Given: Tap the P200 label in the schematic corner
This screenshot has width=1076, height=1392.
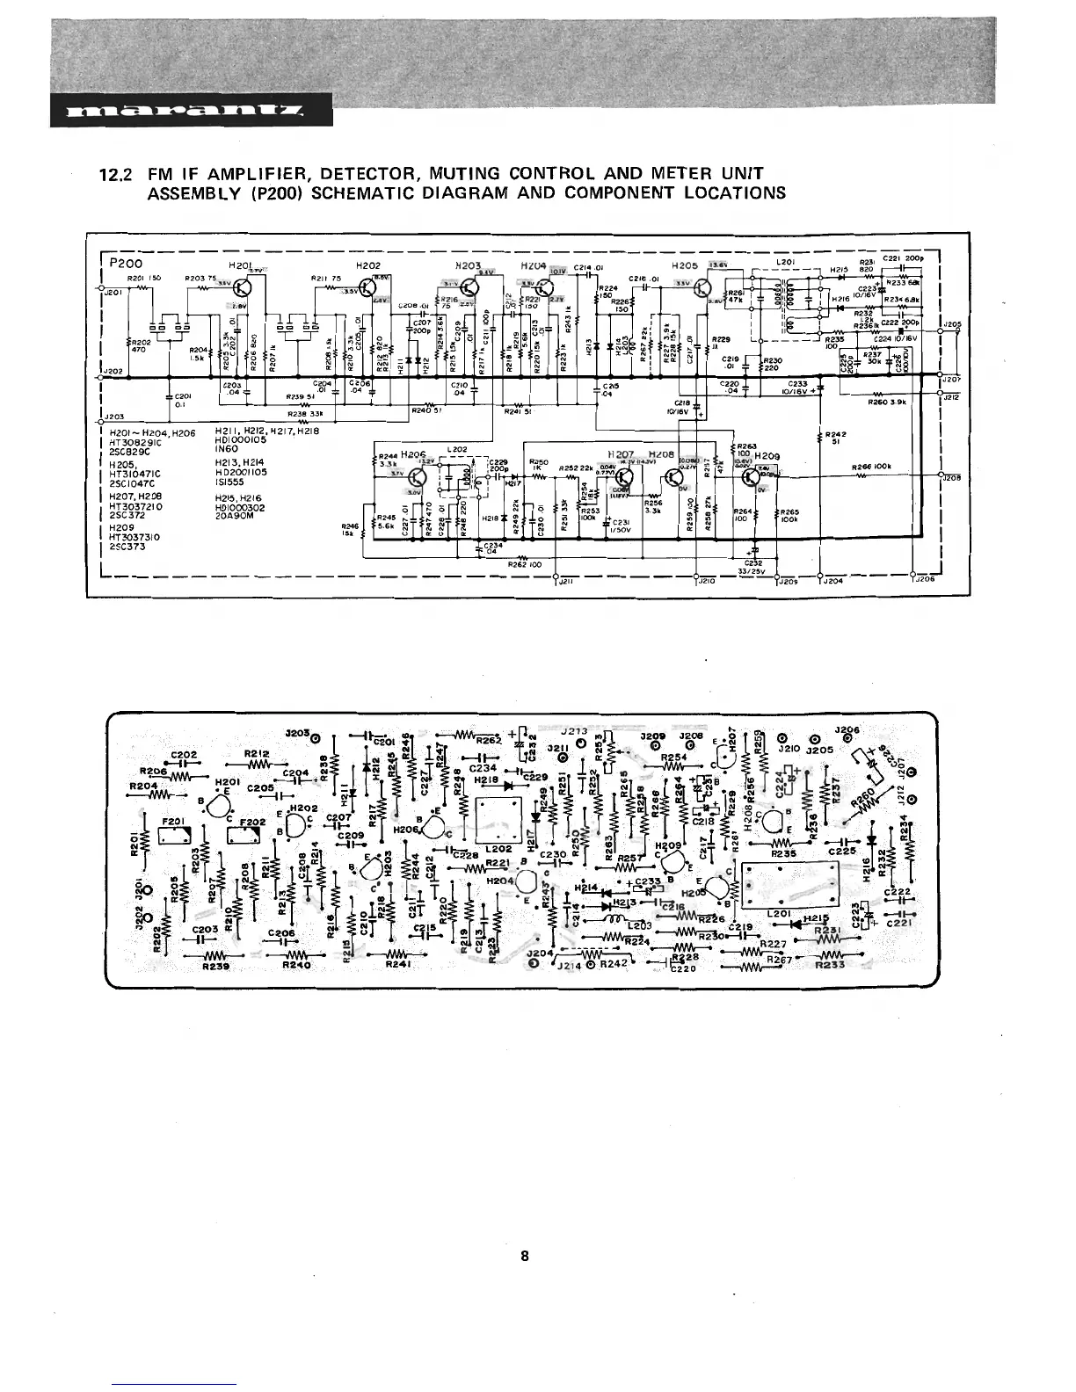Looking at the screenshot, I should click(127, 263).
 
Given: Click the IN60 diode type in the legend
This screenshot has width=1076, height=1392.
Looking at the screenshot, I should click(227, 448).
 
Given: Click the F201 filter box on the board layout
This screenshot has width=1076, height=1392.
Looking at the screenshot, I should click(171, 831).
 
